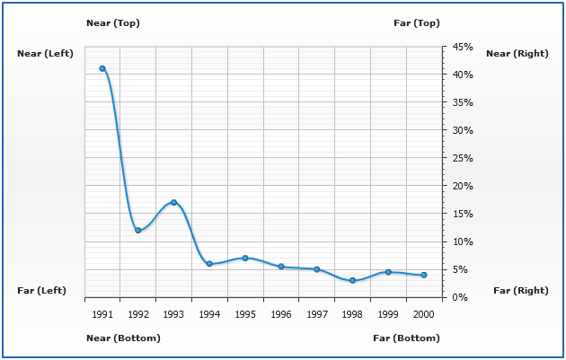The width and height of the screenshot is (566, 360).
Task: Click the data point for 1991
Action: click(102, 68)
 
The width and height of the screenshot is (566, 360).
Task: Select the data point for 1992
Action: click(137, 231)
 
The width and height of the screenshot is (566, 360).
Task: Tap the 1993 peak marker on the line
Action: click(173, 202)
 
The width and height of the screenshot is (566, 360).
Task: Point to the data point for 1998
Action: click(352, 281)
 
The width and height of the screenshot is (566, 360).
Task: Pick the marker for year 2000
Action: click(424, 275)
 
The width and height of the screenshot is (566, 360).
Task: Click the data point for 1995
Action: click(245, 259)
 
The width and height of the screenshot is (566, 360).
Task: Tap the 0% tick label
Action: click(460, 297)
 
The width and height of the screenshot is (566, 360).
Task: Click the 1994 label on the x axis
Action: click(209, 315)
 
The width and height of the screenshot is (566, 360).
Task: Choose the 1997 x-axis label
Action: click(317, 315)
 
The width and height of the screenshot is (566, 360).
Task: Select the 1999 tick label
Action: click(388, 315)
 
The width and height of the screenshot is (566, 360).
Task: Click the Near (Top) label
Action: click(113, 22)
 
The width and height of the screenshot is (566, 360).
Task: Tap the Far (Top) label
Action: click(417, 22)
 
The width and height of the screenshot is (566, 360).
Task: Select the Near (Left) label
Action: click(45, 54)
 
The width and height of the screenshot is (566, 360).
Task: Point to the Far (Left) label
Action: click(42, 291)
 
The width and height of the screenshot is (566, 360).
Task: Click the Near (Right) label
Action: click(517, 54)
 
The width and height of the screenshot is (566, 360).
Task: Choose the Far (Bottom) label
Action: click(407, 338)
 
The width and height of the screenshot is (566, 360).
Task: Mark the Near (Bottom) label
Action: click(123, 338)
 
